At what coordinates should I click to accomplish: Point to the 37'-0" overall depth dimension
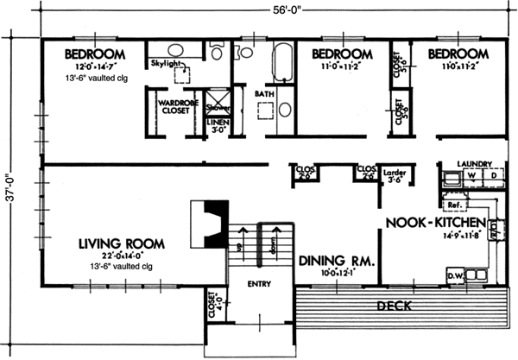(x=10, y=180)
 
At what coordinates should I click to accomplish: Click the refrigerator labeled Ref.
(x=453, y=205)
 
